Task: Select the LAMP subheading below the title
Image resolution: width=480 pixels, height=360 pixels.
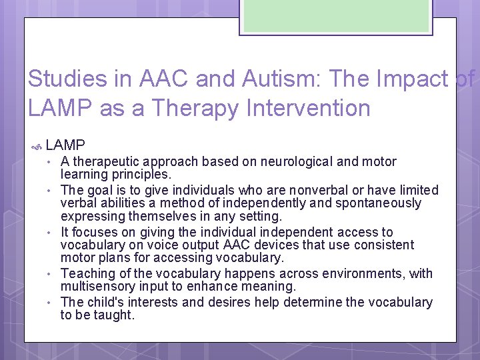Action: pos(65,145)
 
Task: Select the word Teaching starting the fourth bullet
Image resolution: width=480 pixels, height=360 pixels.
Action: pos(87,274)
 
